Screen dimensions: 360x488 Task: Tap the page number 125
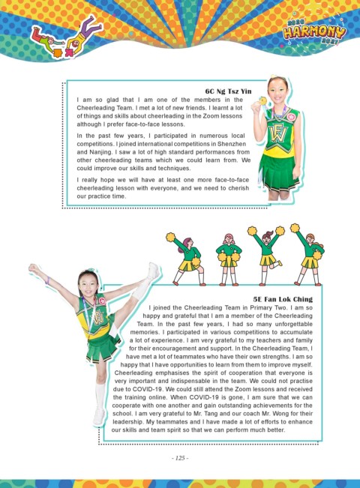click(180, 458)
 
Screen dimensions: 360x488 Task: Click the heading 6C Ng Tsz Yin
click(228, 91)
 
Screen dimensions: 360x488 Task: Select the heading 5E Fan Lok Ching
click(283, 299)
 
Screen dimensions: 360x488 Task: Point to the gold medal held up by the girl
click(262, 101)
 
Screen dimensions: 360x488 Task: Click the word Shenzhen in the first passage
click(232, 144)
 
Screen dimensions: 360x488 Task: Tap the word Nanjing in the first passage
click(101, 152)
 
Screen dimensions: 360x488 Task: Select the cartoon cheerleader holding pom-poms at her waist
click(229, 259)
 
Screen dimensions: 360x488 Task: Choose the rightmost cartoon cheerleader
click(308, 254)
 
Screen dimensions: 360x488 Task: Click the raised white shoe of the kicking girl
click(154, 271)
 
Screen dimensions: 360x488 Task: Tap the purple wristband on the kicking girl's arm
click(48, 280)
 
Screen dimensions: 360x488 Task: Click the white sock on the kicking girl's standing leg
click(100, 396)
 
